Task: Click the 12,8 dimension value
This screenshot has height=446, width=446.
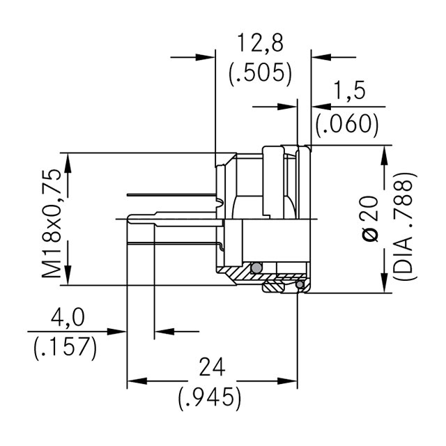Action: pos(260,43)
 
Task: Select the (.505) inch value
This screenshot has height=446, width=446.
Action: pos(260,72)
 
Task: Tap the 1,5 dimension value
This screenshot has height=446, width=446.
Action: pos(349,90)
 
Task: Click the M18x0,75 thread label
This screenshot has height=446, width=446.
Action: pos(52,223)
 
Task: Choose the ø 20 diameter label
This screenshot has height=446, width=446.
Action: pos(370,218)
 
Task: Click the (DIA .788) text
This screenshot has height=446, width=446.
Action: pos(405,226)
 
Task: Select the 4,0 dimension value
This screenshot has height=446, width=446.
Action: pos(68,318)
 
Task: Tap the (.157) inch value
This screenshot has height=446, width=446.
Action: pos(66,348)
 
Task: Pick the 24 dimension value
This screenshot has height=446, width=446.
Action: pos(212,367)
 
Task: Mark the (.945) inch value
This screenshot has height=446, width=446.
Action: pos(210,397)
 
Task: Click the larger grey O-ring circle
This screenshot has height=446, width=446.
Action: pos(256,268)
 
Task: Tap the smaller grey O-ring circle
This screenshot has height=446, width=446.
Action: pos(300,284)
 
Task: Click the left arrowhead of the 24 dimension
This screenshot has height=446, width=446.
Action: pos(137,381)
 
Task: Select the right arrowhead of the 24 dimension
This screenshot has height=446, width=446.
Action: pos(287,381)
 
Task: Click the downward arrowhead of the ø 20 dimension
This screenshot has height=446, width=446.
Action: pos(384,282)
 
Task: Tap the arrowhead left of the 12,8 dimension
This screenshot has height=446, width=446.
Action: pos(205,57)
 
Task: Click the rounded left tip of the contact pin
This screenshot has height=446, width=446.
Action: pos(128,219)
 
